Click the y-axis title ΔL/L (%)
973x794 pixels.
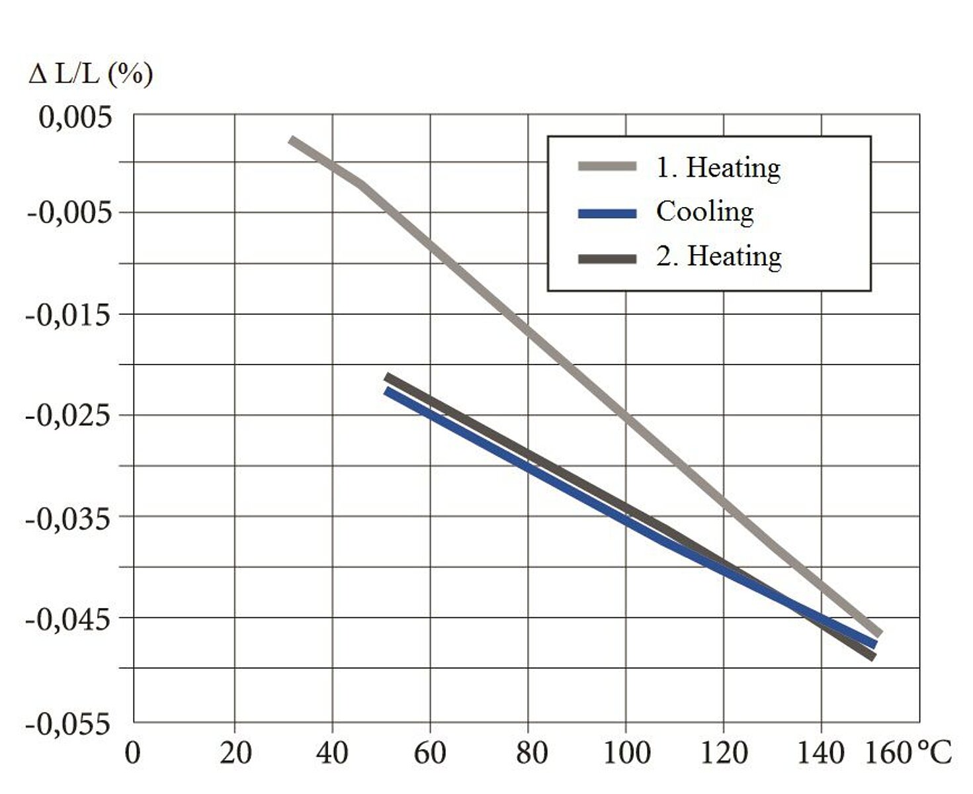[x=91, y=74]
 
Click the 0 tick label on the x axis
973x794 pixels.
[x=133, y=753]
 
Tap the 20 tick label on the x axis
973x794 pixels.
[x=235, y=753]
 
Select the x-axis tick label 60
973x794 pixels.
[x=430, y=753]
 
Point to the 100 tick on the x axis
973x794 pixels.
[x=626, y=753]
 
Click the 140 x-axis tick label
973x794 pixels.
[x=821, y=753]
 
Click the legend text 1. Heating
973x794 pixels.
[x=718, y=167]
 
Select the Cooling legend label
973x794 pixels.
[x=705, y=212]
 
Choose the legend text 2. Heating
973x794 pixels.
[x=719, y=256]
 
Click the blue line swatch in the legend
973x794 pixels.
[x=607, y=213]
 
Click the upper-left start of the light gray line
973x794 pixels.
[x=292, y=140]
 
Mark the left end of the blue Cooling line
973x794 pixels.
[x=386, y=390]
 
